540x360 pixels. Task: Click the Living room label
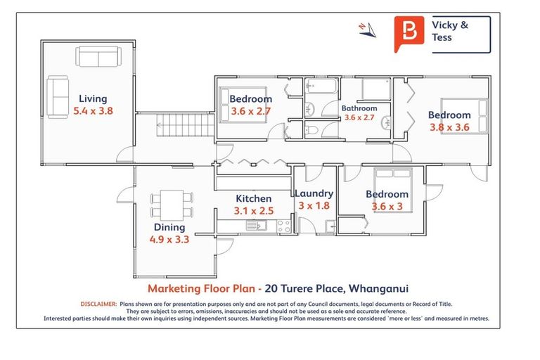(x=93, y=99)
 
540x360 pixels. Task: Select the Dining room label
(x=169, y=227)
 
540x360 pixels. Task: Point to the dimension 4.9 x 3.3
(x=169, y=239)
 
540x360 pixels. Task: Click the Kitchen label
(x=253, y=199)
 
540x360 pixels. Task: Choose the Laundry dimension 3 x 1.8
(x=314, y=206)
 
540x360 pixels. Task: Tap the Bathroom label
(x=359, y=109)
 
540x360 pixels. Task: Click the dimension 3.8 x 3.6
(x=449, y=127)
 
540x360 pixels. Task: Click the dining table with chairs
(x=172, y=204)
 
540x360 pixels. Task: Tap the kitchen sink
(x=253, y=226)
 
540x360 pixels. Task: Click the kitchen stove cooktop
(x=284, y=226)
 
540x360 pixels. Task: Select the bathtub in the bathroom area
(x=323, y=89)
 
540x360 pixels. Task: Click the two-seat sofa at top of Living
(x=98, y=57)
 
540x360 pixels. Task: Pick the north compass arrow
(x=366, y=28)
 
